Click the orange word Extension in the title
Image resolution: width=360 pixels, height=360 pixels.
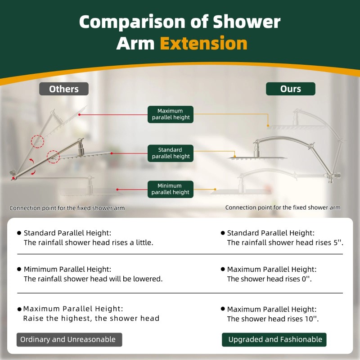203,44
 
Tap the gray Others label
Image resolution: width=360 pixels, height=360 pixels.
64,89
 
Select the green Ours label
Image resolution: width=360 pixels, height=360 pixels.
290,89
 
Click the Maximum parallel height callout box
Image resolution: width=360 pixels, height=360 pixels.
171,114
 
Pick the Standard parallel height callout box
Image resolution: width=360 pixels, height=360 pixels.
171,153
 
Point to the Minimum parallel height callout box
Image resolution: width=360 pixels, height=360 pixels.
171,189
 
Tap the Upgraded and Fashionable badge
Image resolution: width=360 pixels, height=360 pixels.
274,339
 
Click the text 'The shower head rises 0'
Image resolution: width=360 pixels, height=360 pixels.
269,279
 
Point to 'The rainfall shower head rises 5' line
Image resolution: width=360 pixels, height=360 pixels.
285,243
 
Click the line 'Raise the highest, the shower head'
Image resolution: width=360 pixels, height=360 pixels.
91,319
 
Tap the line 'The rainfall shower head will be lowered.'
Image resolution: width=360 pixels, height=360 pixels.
93,279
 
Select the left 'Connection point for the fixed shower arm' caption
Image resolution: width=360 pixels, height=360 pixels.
67,208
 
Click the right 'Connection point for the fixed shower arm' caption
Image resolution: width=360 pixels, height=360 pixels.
283,207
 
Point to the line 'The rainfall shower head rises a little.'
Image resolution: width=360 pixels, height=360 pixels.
89,243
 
